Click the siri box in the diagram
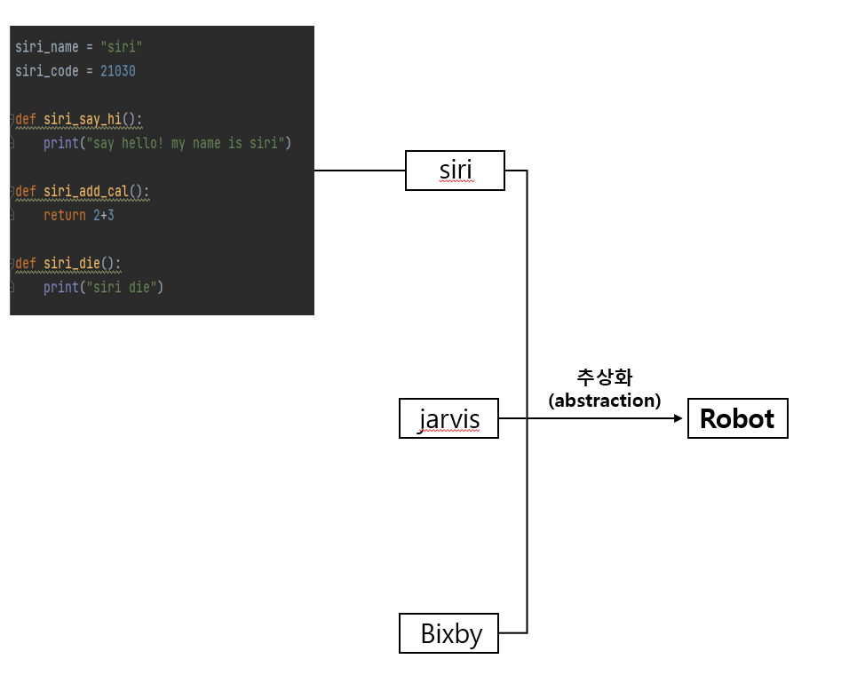pyautogui.click(x=455, y=170)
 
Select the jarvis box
pyautogui.click(x=448, y=418)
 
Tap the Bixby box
pyautogui.click(x=448, y=633)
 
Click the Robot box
pyautogui.click(x=737, y=418)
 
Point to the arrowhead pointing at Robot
pyautogui.click(x=679, y=418)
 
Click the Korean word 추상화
pyautogui.click(x=604, y=377)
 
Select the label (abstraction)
pyautogui.click(x=605, y=401)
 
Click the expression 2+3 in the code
pyautogui.click(x=103, y=215)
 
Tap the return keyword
pyautogui.click(x=64, y=215)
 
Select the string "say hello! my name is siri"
pyautogui.click(x=184, y=143)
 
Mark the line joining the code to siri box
pyautogui.click(x=360, y=170)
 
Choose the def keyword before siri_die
pyautogui.click(x=26, y=263)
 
